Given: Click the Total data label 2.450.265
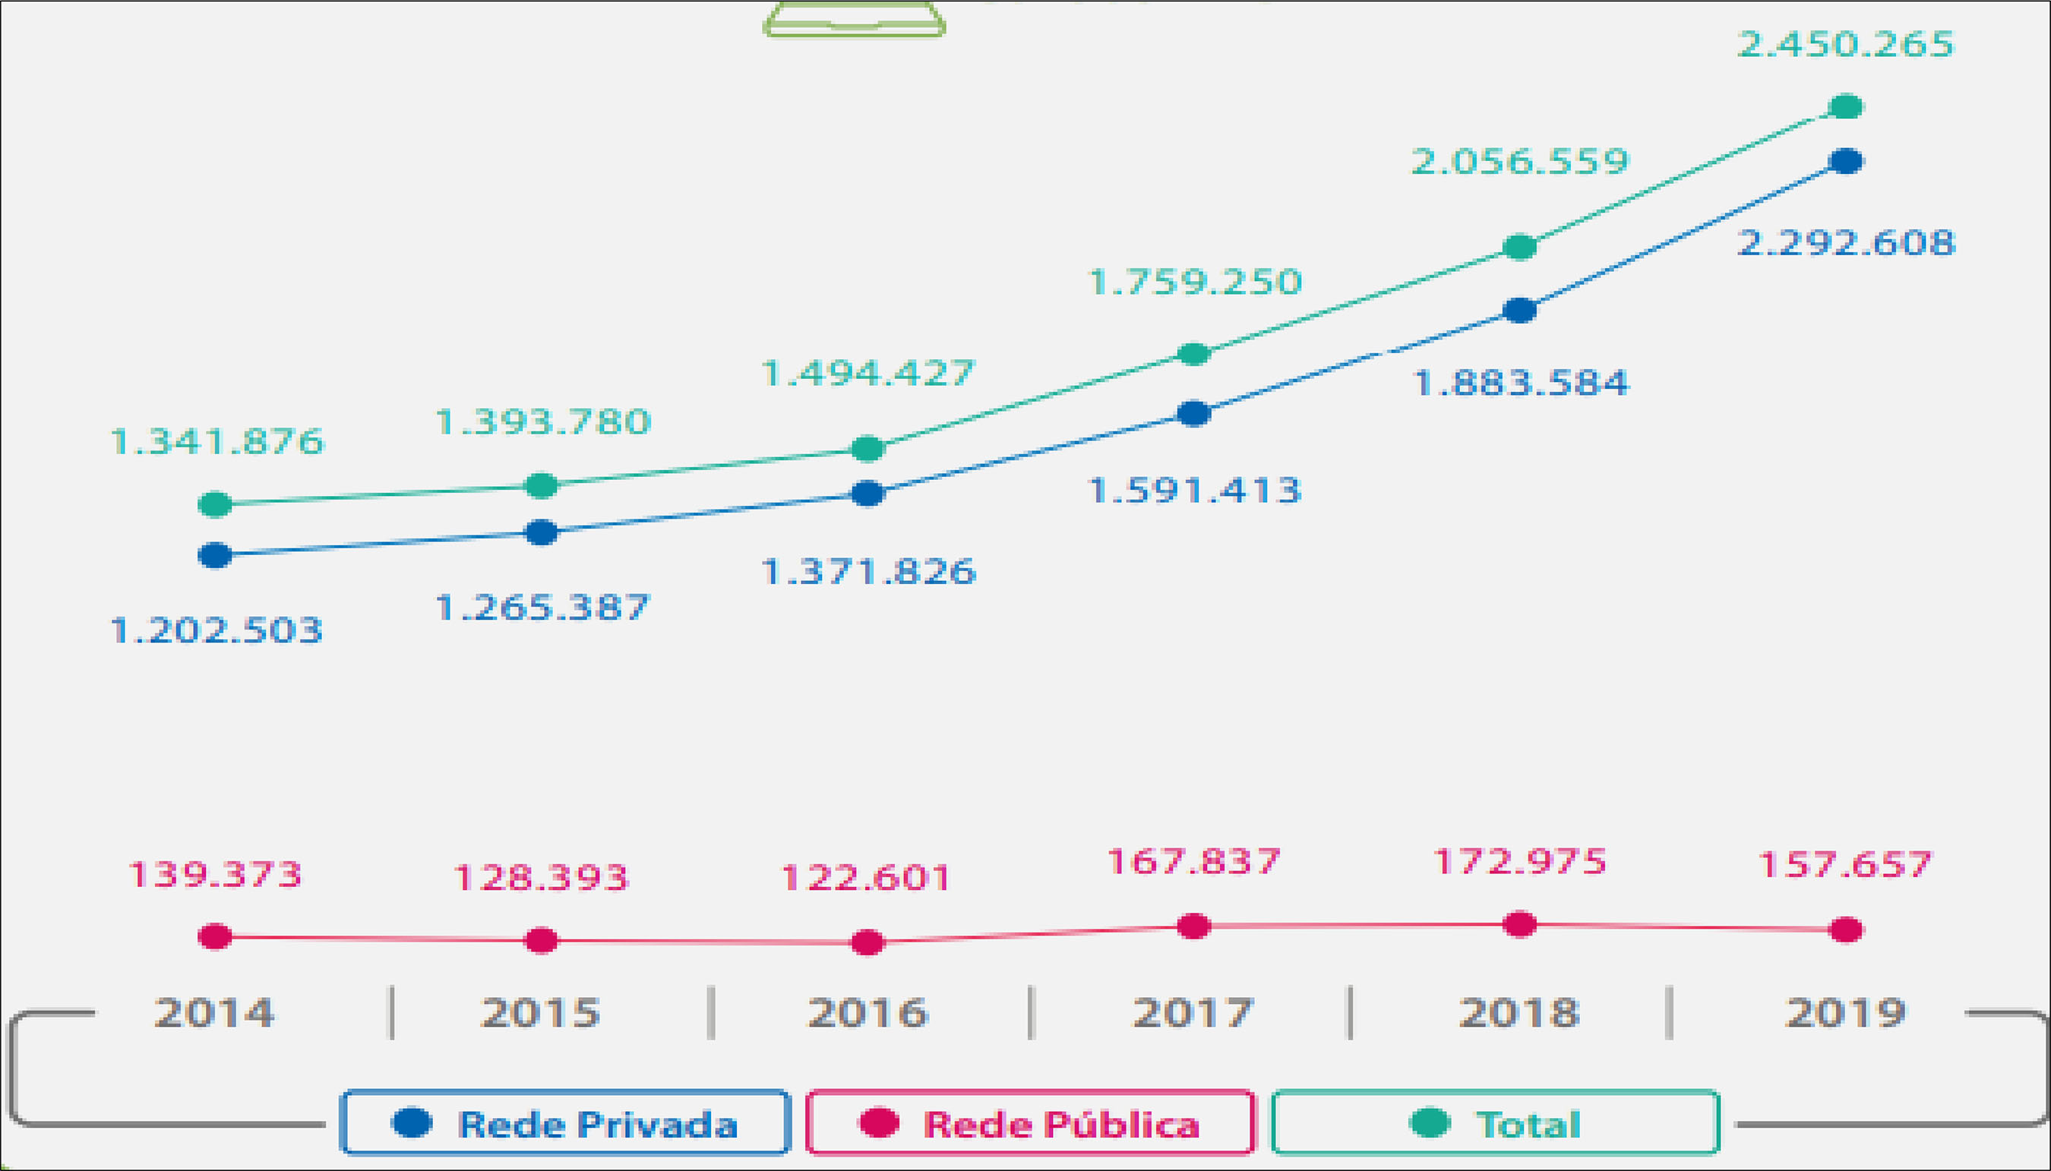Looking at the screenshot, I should (1845, 44).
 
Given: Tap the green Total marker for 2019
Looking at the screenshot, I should (1845, 106).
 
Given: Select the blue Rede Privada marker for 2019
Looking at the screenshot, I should (1845, 161).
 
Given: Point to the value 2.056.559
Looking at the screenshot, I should (1519, 162).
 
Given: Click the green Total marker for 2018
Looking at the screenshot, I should (1519, 246).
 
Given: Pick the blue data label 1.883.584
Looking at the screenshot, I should (1520, 383).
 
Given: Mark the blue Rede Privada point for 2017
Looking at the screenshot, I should (1193, 413).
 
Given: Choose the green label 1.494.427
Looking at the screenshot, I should (867, 373).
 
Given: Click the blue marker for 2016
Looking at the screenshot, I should (867, 493).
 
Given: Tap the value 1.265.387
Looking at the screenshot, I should (542, 608).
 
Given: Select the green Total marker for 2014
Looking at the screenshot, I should (215, 504).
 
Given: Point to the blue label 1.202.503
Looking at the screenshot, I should (216, 630).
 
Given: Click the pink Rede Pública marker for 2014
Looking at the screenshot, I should (215, 936).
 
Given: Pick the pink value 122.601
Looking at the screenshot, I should (865, 877).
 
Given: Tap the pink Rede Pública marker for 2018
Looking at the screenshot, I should (1519, 924).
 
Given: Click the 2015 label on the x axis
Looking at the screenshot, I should (541, 1012).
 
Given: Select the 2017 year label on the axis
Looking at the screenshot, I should (1193, 1012).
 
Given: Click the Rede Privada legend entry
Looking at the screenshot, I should (565, 1122).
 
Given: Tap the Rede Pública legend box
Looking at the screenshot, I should (1029, 1122).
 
